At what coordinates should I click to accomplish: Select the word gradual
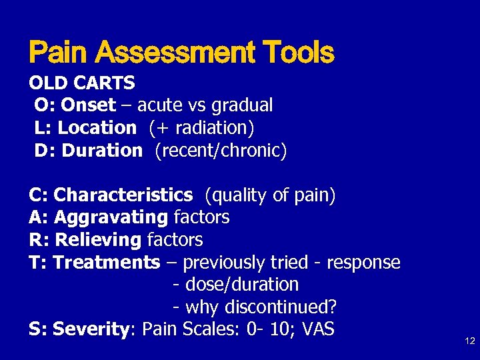pyautogui.click(x=241, y=105)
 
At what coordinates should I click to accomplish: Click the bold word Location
pyautogui.click(x=99, y=127)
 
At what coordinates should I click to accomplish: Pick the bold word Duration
pyautogui.click(x=102, y=150)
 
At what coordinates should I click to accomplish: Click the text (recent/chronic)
pyautogui.click(x=221, y=150)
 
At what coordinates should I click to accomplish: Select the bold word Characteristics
pyautogui.click(x=123, y=195)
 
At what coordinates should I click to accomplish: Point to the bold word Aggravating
pyautogui.click(x=111, y=217)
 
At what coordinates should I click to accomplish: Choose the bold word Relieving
pyautogui.click(x=99, y=239)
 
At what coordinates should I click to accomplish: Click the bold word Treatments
pyautogui.click(x=107, y=262)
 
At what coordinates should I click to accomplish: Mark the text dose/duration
pyautogui.click(x=242, y=285)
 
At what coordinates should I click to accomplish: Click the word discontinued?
pyautogui.click(x=281, y=307)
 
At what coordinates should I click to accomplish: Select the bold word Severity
pyautogui.click(x=92, y=329)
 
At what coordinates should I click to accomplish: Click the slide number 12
pyautogui.click(x=469, y=341)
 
